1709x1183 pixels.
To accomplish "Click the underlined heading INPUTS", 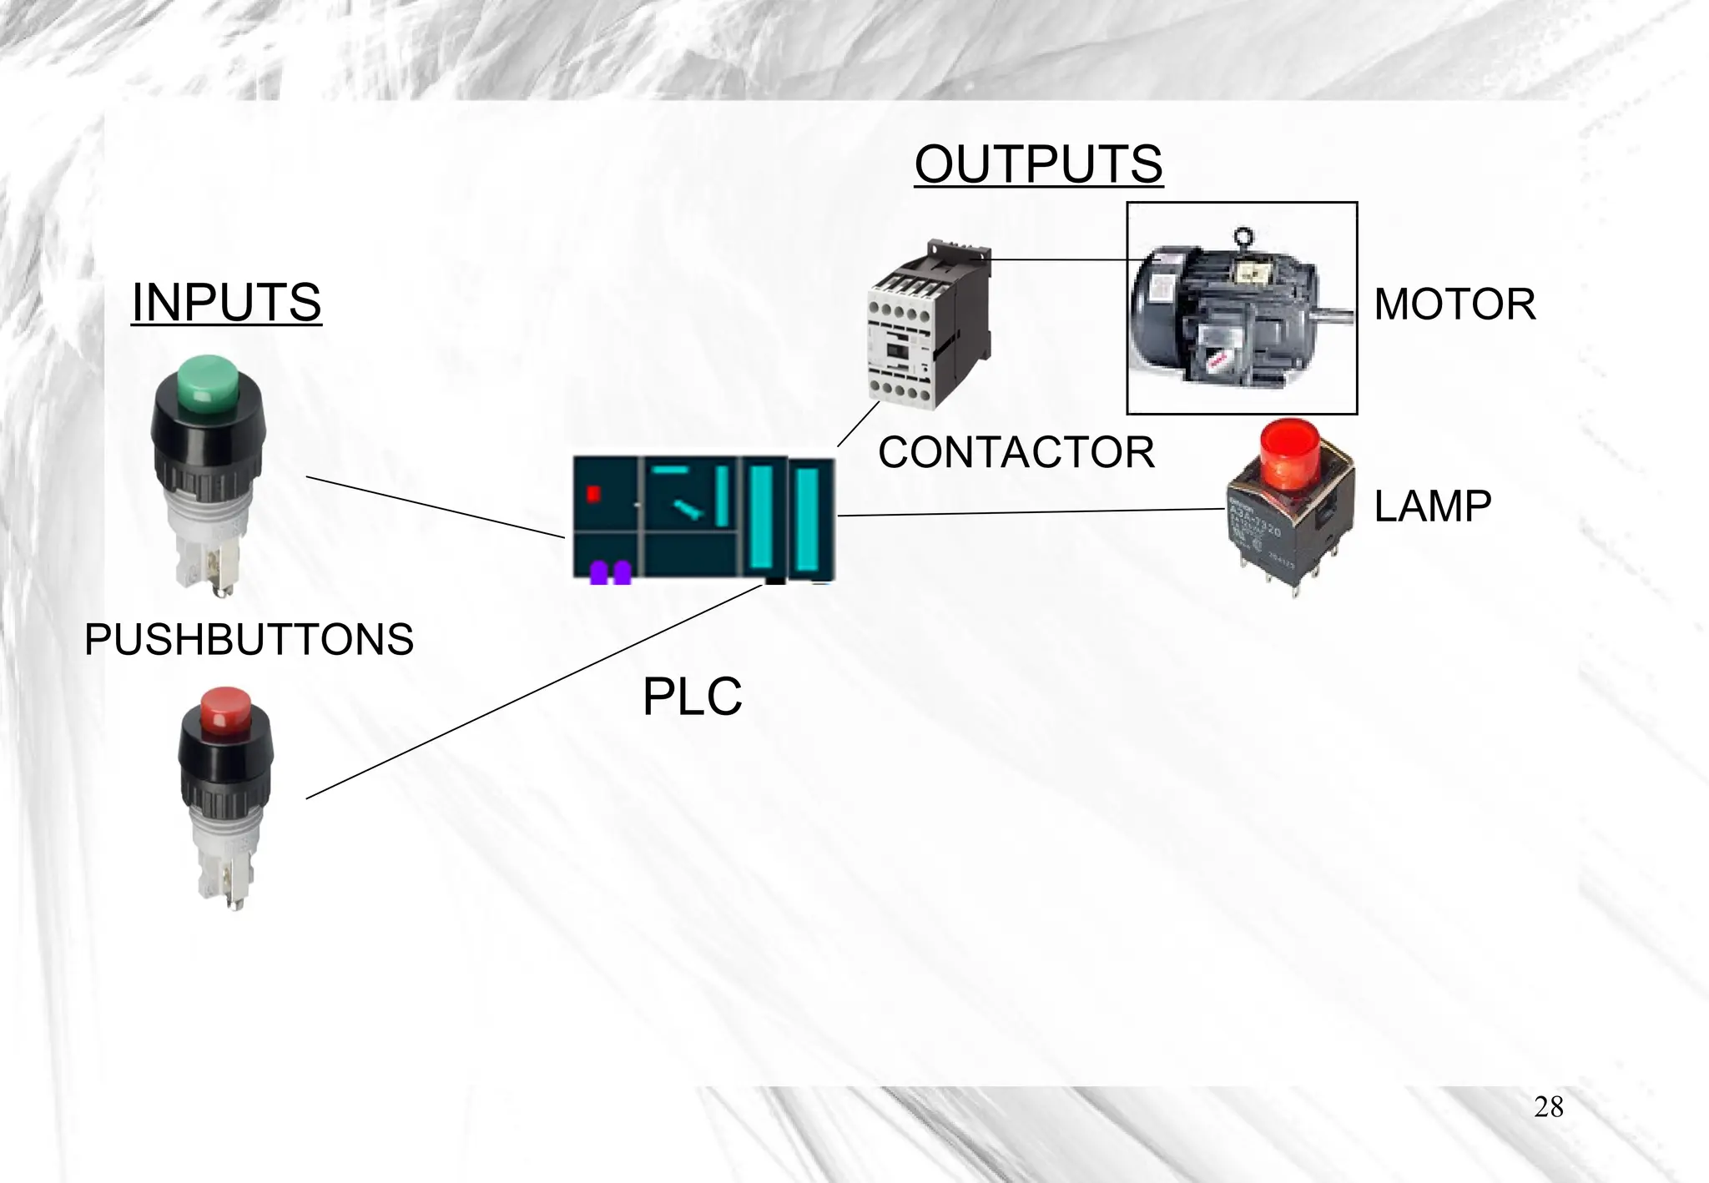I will coord(226,302).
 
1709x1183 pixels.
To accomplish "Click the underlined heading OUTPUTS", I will coord(1038,164).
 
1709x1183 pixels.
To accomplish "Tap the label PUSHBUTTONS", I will coord(249,640).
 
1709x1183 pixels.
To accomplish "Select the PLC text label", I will coord(692,697).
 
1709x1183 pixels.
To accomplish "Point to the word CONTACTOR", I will coord(1016,453).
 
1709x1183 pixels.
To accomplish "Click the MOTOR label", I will coord(1454,305).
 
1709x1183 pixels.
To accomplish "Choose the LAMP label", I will coord(1432,506).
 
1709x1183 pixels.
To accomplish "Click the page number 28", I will coord(1548,1107).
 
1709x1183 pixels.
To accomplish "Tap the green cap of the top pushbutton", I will coord(208,383).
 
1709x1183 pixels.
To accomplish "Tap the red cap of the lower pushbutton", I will coord(225,709).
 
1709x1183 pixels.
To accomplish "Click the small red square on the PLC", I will coord(593,494).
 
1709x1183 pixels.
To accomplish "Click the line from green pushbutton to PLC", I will coord(434,507).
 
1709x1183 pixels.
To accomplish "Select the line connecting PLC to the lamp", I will coord(1031,512).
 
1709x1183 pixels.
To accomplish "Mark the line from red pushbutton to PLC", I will coord(534,692).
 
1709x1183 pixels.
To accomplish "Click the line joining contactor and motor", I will coord(1060,259).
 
